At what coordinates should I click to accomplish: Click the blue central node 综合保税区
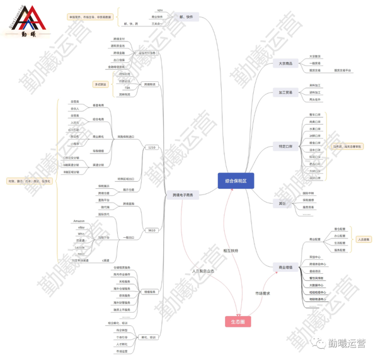tap(236, 181)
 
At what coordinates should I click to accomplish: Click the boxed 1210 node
tap(151, 147)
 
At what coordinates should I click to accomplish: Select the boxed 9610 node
tap(151, 230)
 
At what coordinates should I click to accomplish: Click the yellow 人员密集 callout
tap(364, 239)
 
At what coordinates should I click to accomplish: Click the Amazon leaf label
tap(79, 221)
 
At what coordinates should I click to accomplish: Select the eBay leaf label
tap(81, 227)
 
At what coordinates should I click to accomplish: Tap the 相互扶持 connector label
tap(231, 250)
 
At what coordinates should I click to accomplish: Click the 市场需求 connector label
tap(262, 293)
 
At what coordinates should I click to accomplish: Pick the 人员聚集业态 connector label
tap(203, 271)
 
